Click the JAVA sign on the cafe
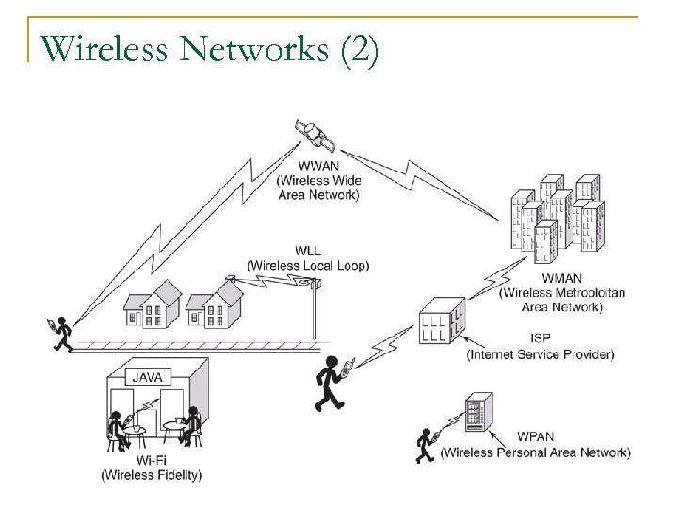point(146,376)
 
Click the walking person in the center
point(331,384)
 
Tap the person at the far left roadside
point(61,333)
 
